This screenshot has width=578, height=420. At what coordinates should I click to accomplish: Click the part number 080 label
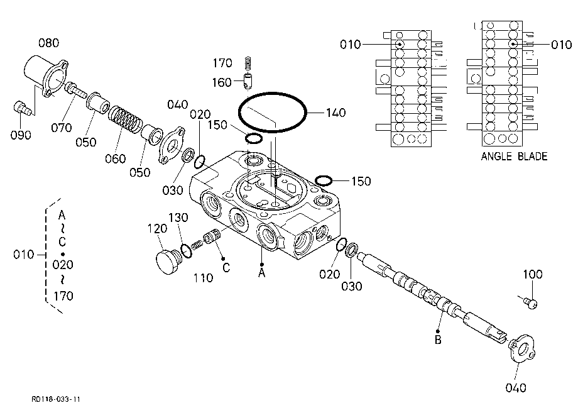pos(48,43)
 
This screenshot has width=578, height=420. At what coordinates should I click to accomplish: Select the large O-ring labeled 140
pos(272,94)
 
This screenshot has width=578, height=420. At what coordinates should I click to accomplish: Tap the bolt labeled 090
pos(22,108)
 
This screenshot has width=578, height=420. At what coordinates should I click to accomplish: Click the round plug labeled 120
pos(168,261)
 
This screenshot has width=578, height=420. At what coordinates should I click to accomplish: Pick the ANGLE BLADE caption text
pos(514,157)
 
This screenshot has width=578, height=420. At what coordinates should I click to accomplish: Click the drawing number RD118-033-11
pos(56,399)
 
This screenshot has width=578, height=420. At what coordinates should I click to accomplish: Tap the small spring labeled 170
pos(248,63)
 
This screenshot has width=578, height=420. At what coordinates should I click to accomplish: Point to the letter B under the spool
pos(438,340)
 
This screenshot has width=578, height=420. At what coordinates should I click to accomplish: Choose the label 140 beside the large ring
pos(335,113)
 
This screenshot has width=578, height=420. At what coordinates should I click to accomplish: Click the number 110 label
pos(203,278)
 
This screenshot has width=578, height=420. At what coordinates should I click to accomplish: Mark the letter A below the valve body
pos(262,273)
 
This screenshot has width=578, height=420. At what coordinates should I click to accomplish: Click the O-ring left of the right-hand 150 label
pos(324,180)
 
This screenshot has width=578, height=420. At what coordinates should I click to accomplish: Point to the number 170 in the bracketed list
pos(63,296)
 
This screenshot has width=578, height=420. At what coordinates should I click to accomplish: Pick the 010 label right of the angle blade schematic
pos(561,45)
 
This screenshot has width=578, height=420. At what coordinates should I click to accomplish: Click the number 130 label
pos(178,218)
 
